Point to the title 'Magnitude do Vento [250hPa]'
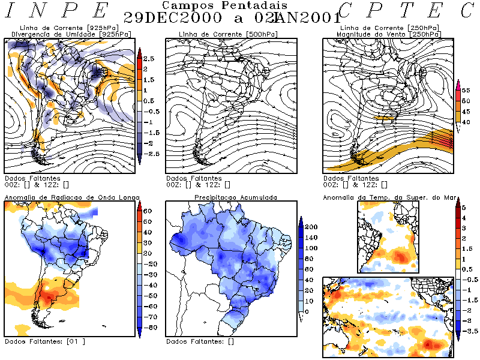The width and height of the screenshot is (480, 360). coord(377,34)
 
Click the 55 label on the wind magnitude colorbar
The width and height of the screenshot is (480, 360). coord(465,89)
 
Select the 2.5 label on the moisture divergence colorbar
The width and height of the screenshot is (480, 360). coord(149,58)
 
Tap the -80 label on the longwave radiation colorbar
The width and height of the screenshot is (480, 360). coord(149,327)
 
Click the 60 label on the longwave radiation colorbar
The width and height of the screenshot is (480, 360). coord(148,211)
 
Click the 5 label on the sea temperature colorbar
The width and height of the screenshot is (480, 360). coord(463,207)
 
